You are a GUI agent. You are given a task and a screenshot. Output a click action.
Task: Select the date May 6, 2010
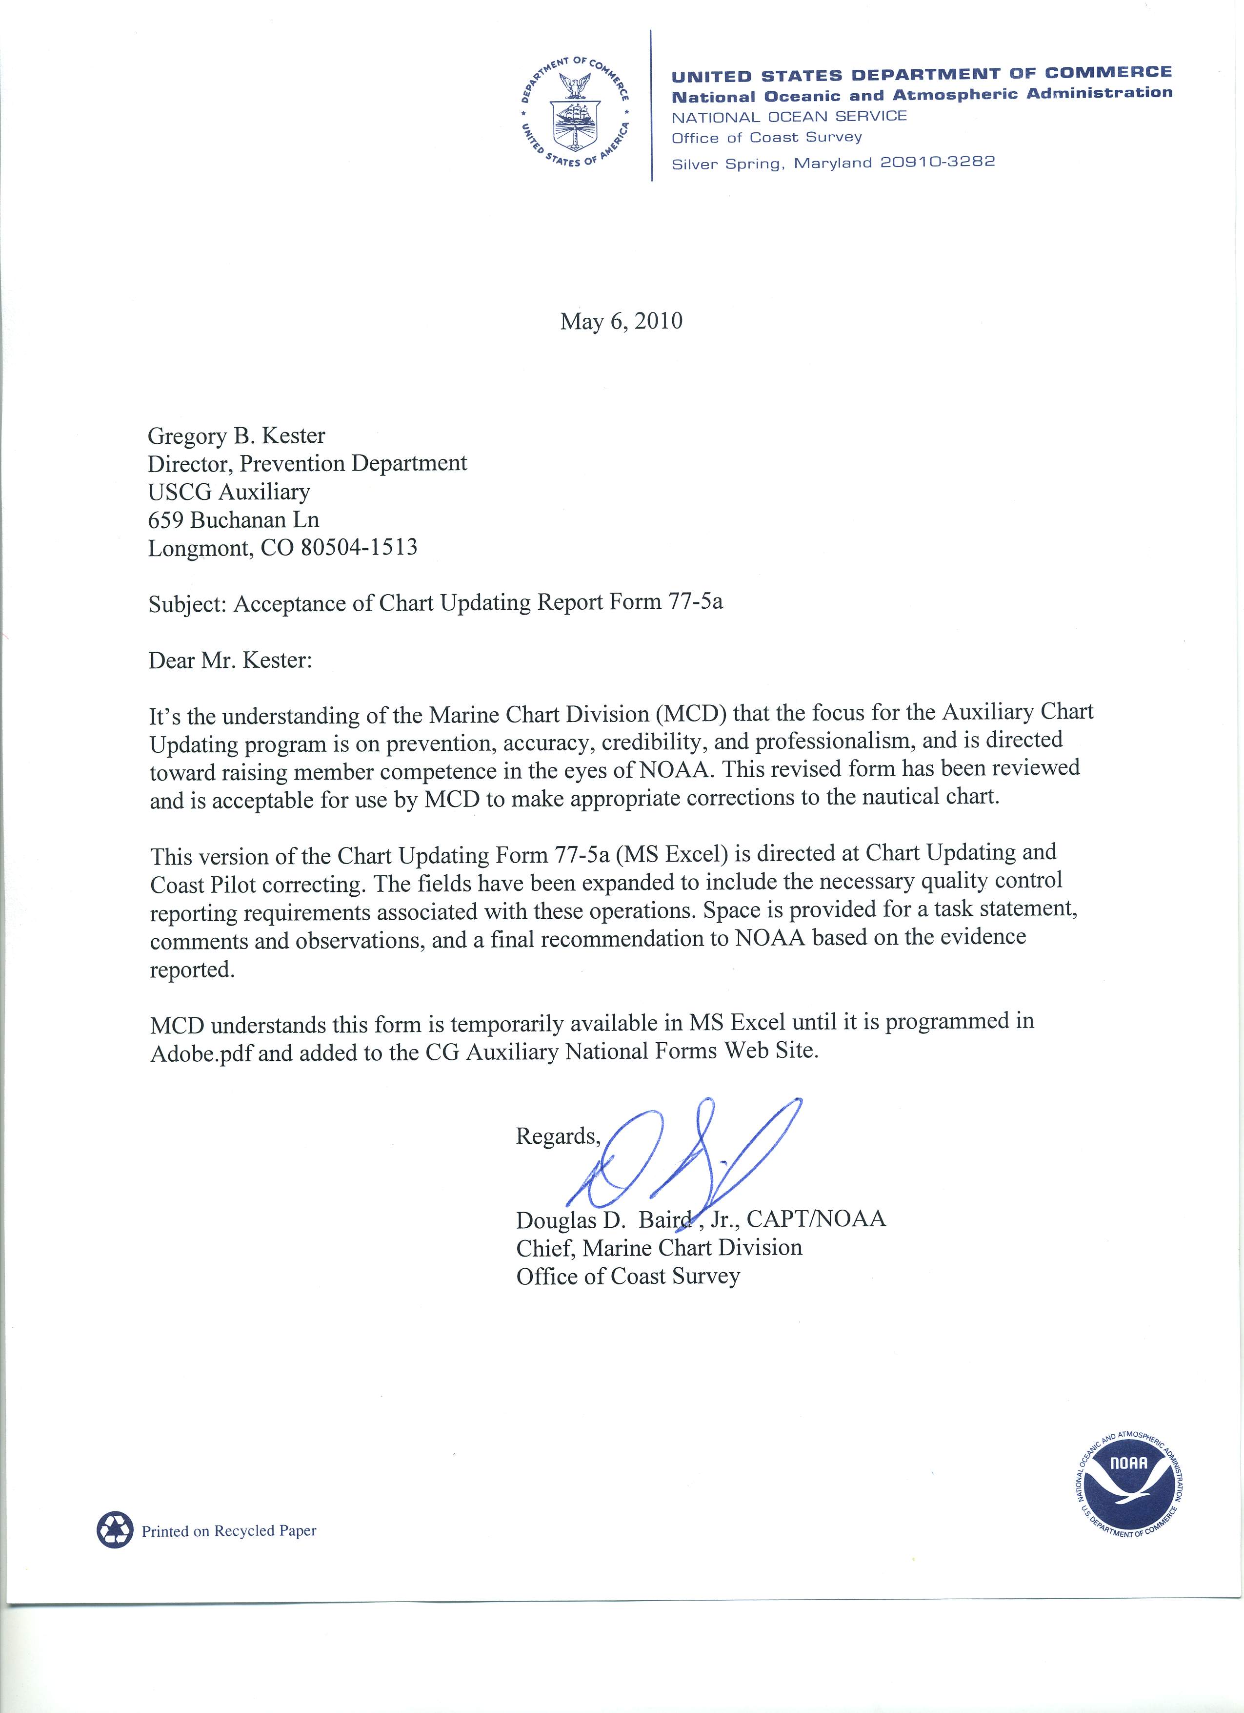point(621,322)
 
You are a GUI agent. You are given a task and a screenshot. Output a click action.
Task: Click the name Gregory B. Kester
point(236,436)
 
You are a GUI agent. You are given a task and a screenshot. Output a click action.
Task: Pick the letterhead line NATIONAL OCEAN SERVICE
point(789,117)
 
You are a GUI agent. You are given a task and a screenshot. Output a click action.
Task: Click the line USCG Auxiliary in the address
point(229,492)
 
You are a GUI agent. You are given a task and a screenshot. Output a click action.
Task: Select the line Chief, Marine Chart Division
point(659,1247)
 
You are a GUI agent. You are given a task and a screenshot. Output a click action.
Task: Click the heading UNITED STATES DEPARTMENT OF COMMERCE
point(922,74)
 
